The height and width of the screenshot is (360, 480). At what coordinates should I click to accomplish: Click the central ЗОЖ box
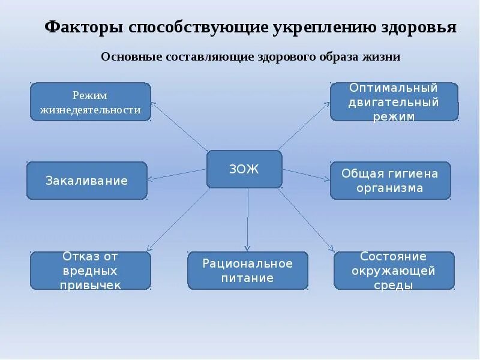(x=244, y=169)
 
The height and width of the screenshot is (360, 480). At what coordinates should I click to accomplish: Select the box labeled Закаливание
(x=87, y=181)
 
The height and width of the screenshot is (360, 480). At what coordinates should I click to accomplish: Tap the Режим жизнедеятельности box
(x=90, y=102)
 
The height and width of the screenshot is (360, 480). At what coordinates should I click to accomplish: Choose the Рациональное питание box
(x=248, y=271)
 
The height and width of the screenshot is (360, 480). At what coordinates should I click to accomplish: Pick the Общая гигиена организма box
(x=390, y=181)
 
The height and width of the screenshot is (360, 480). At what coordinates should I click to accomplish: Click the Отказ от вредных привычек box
(x=91, y=271)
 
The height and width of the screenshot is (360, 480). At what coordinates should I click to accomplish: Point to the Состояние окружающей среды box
(x=394, y=271)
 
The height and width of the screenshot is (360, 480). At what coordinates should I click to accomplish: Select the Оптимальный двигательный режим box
(x=394, y=102)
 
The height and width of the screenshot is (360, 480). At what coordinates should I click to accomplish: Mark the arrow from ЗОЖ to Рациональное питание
(x=246, y=219)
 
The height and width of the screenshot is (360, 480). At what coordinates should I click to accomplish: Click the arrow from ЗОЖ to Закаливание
(x=177, y=174)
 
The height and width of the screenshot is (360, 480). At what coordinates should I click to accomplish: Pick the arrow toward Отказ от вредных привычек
(x=177, y=219)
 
